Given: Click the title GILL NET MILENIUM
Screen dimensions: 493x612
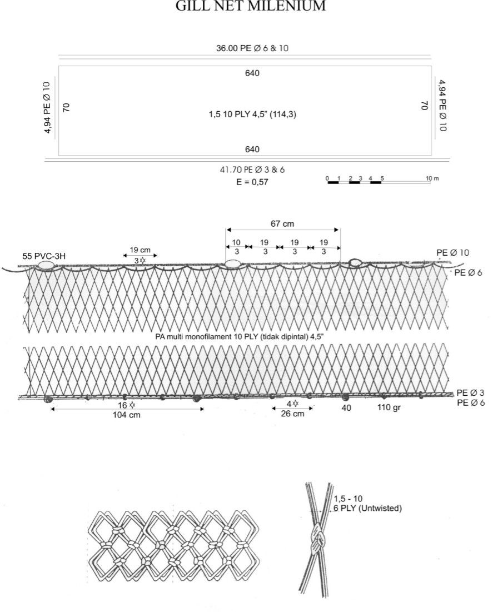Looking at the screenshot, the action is tap(251, 6).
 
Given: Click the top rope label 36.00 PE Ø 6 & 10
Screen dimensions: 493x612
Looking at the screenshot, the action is tap(252, 48).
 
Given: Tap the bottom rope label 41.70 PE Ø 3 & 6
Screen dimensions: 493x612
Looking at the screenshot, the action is tap(252, 170).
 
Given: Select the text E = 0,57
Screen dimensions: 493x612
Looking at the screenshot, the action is tap(252, 182).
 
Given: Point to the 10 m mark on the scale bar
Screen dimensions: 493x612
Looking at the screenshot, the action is tap(432, 178).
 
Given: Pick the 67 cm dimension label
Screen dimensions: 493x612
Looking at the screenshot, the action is tap(282, 223).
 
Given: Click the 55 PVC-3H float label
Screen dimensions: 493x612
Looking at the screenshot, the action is tap(44, 256).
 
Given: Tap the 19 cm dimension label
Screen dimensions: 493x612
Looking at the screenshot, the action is tap(140, 250).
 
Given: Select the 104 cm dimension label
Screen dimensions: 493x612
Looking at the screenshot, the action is tap(127, 415).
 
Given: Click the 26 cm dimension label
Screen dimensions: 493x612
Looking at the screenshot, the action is tap(292, 414).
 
